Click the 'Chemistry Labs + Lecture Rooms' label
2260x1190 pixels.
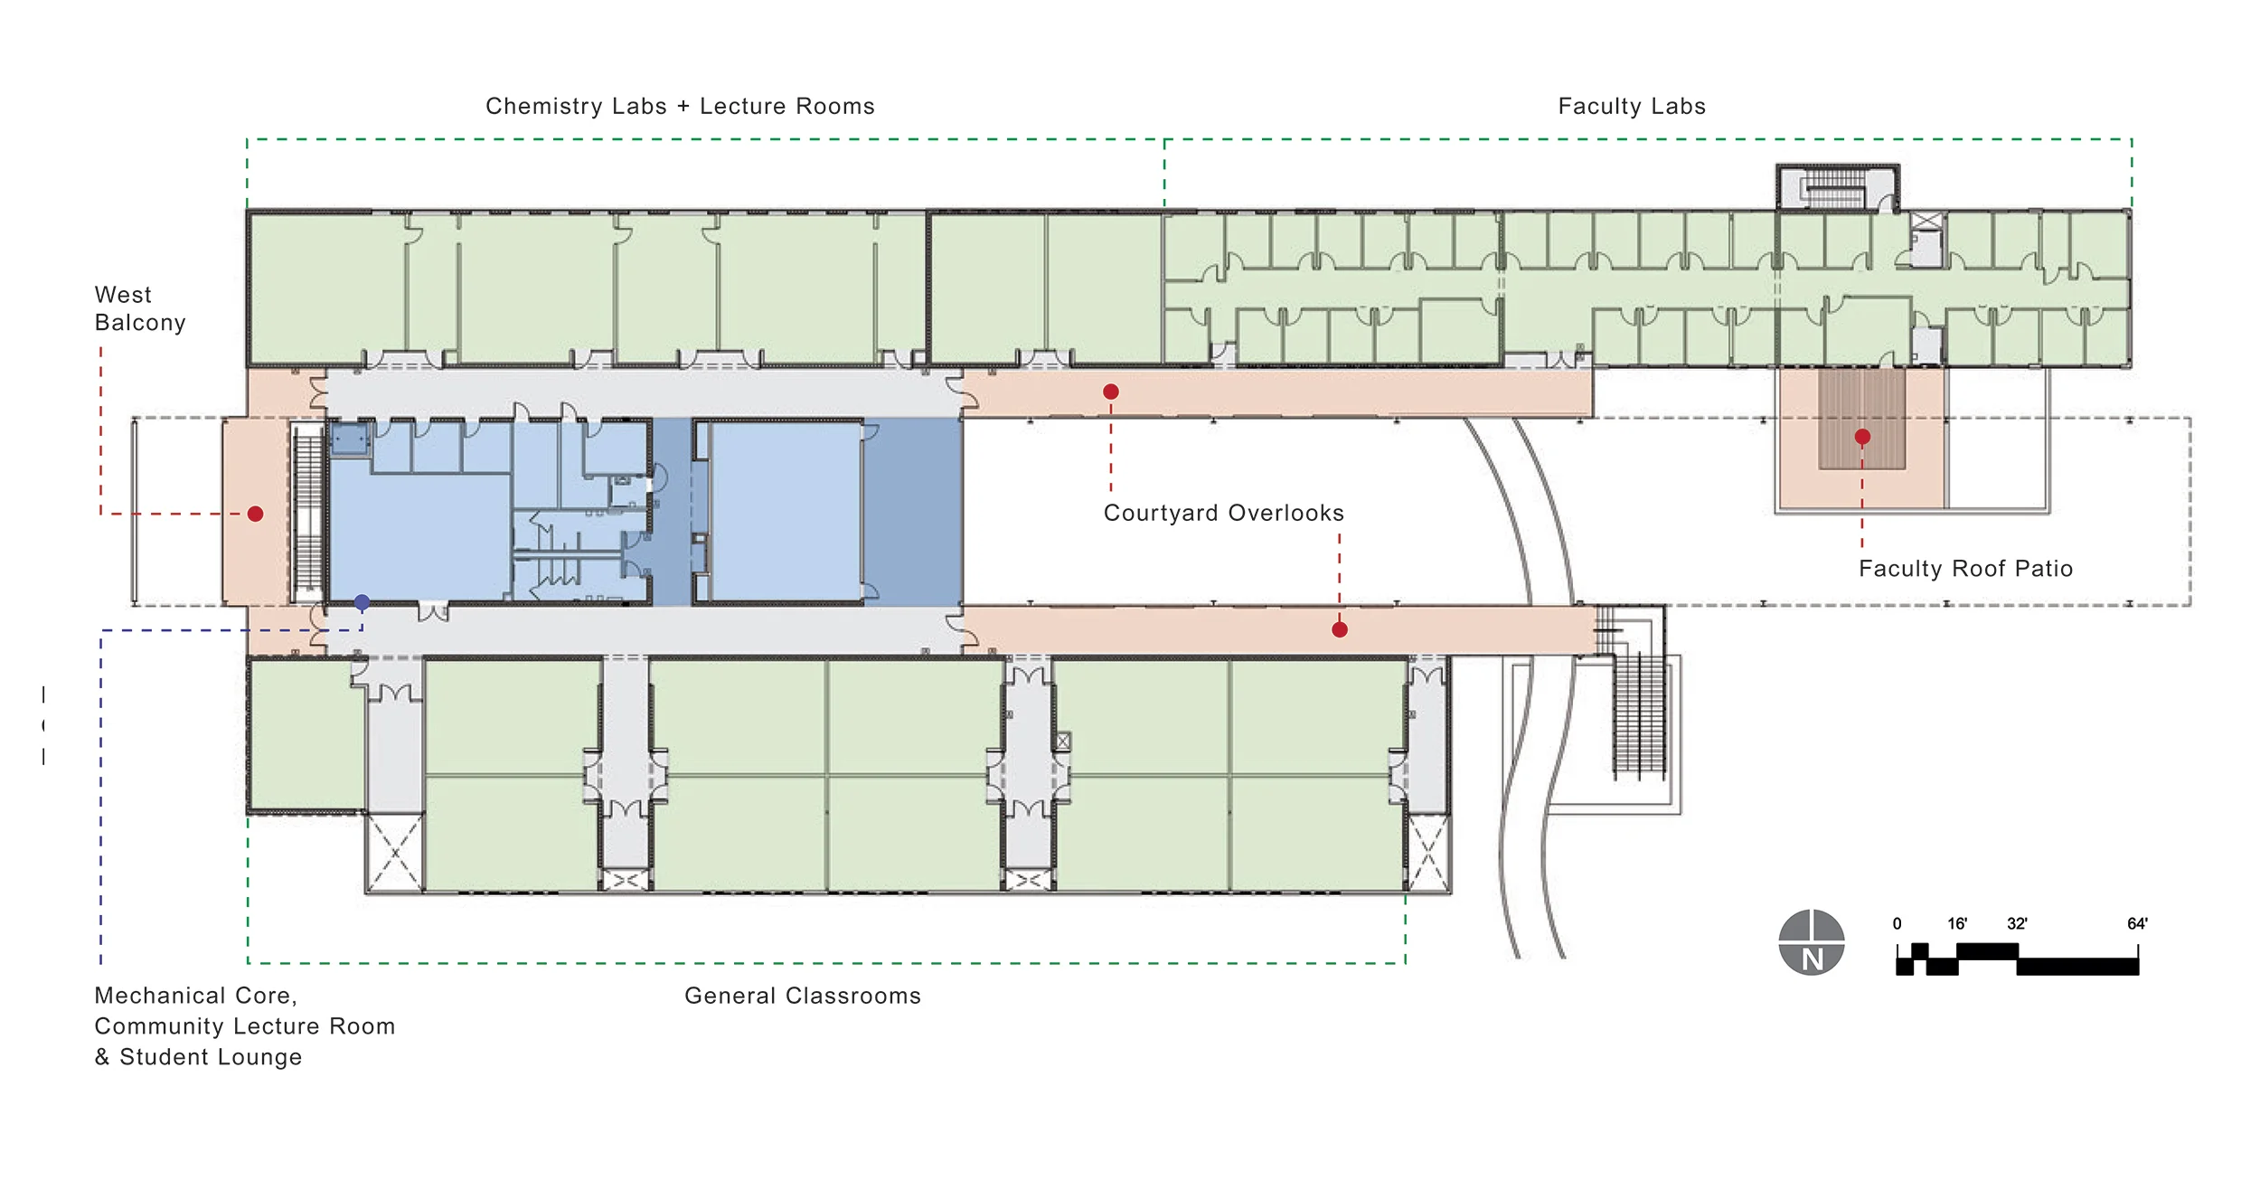tap(680, 106)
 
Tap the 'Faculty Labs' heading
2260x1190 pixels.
tap(1632, 106)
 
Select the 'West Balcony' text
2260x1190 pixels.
tap(140, 308)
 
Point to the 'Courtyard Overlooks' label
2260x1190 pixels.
tap(1223, 513)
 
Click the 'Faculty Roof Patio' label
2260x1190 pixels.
tap(1965, 568)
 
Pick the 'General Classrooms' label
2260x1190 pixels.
tap(803, 996)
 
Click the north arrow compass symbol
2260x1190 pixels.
tap(1812, 942)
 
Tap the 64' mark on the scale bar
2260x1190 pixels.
tap(2137, 923)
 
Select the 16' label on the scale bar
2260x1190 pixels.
tap(1957, 923)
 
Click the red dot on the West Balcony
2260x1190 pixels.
tap(256, 514)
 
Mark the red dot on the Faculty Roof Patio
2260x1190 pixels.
tap(1862, 437)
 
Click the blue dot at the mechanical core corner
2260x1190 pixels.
tap(362, 602)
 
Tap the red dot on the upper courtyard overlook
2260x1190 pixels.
tap(1111, 392)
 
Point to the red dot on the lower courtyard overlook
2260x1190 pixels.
tap(1340, 629)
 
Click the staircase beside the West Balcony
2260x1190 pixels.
tap(308, 511)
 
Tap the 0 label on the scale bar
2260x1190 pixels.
tap(1897, 923)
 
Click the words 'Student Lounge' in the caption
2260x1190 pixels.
tap(211, 1057)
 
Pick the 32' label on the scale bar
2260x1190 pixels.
tap(2017, 923)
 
